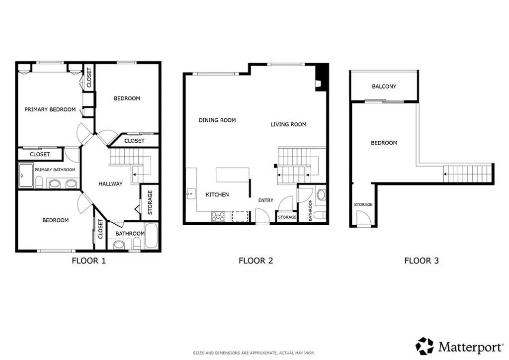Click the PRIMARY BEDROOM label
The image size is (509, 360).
50,109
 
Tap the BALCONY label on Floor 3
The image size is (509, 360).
384,87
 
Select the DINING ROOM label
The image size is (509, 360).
217,120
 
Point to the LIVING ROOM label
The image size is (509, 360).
288,124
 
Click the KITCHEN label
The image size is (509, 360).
217,194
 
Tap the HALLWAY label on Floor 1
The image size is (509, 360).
110,184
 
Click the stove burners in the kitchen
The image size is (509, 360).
218,216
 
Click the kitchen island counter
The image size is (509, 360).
232,176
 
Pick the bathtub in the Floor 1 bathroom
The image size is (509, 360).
152,237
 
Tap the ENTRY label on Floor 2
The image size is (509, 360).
266,200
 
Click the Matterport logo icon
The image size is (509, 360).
424,346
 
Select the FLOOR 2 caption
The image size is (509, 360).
256,261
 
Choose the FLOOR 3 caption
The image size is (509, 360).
422,261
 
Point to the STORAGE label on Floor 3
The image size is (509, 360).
363,204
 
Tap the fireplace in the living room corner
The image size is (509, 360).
320,79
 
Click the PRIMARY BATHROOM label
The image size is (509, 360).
55,170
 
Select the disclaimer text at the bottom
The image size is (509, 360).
254,353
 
